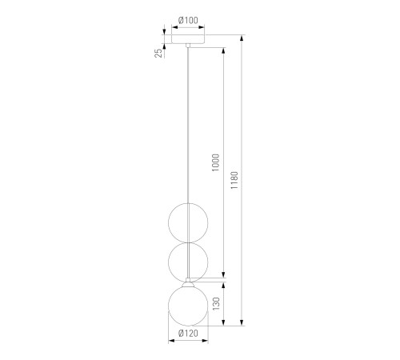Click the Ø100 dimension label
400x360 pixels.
188,20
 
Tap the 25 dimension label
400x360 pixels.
158,53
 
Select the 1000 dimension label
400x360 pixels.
215,162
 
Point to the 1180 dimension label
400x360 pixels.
234,180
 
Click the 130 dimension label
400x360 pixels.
216,303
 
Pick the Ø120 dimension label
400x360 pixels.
188,334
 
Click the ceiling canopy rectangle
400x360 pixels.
188,39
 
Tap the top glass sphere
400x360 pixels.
188,223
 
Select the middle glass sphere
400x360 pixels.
188,262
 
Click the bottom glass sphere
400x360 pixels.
188,306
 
